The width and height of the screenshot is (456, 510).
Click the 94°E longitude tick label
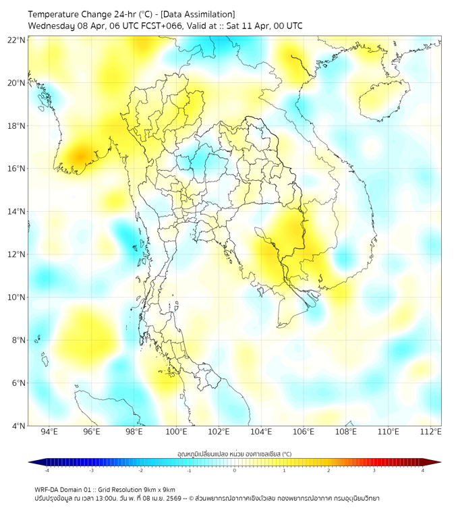click(x=49, y=432)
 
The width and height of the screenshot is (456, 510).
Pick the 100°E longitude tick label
click(x=176, y=432)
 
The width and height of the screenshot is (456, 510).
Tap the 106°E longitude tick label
click(x=304, y=432)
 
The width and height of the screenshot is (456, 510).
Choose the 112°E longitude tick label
click(x=431, y=432)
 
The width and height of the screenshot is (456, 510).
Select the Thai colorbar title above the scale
click(x=234, y=454)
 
